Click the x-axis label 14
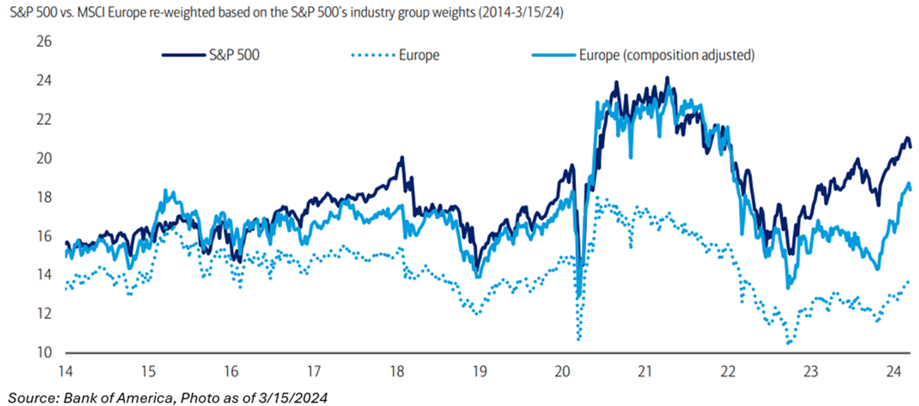(x=66, y=370)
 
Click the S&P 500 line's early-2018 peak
(x=401, y=158)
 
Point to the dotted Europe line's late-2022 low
(x=788, y=343)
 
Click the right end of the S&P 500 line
(x=911, y=145)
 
